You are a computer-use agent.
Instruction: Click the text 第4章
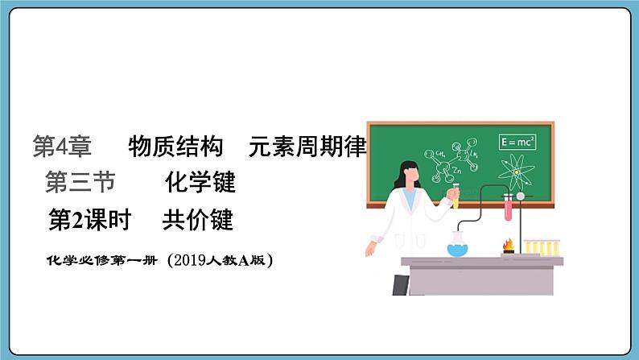[x=62, y=147]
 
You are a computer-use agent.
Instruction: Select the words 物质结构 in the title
[x=175, y=147]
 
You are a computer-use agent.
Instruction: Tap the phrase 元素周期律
[x=308, y=147]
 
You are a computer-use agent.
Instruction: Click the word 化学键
[x=200, y=184]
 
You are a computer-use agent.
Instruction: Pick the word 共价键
[x=197, y=220]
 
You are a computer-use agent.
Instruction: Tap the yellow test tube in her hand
[x=456, y=197]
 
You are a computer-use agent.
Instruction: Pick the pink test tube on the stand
[x=509, y=209]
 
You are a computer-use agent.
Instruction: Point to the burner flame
[x=509, y=244]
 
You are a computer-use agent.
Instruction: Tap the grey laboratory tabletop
[x=483, y=261]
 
